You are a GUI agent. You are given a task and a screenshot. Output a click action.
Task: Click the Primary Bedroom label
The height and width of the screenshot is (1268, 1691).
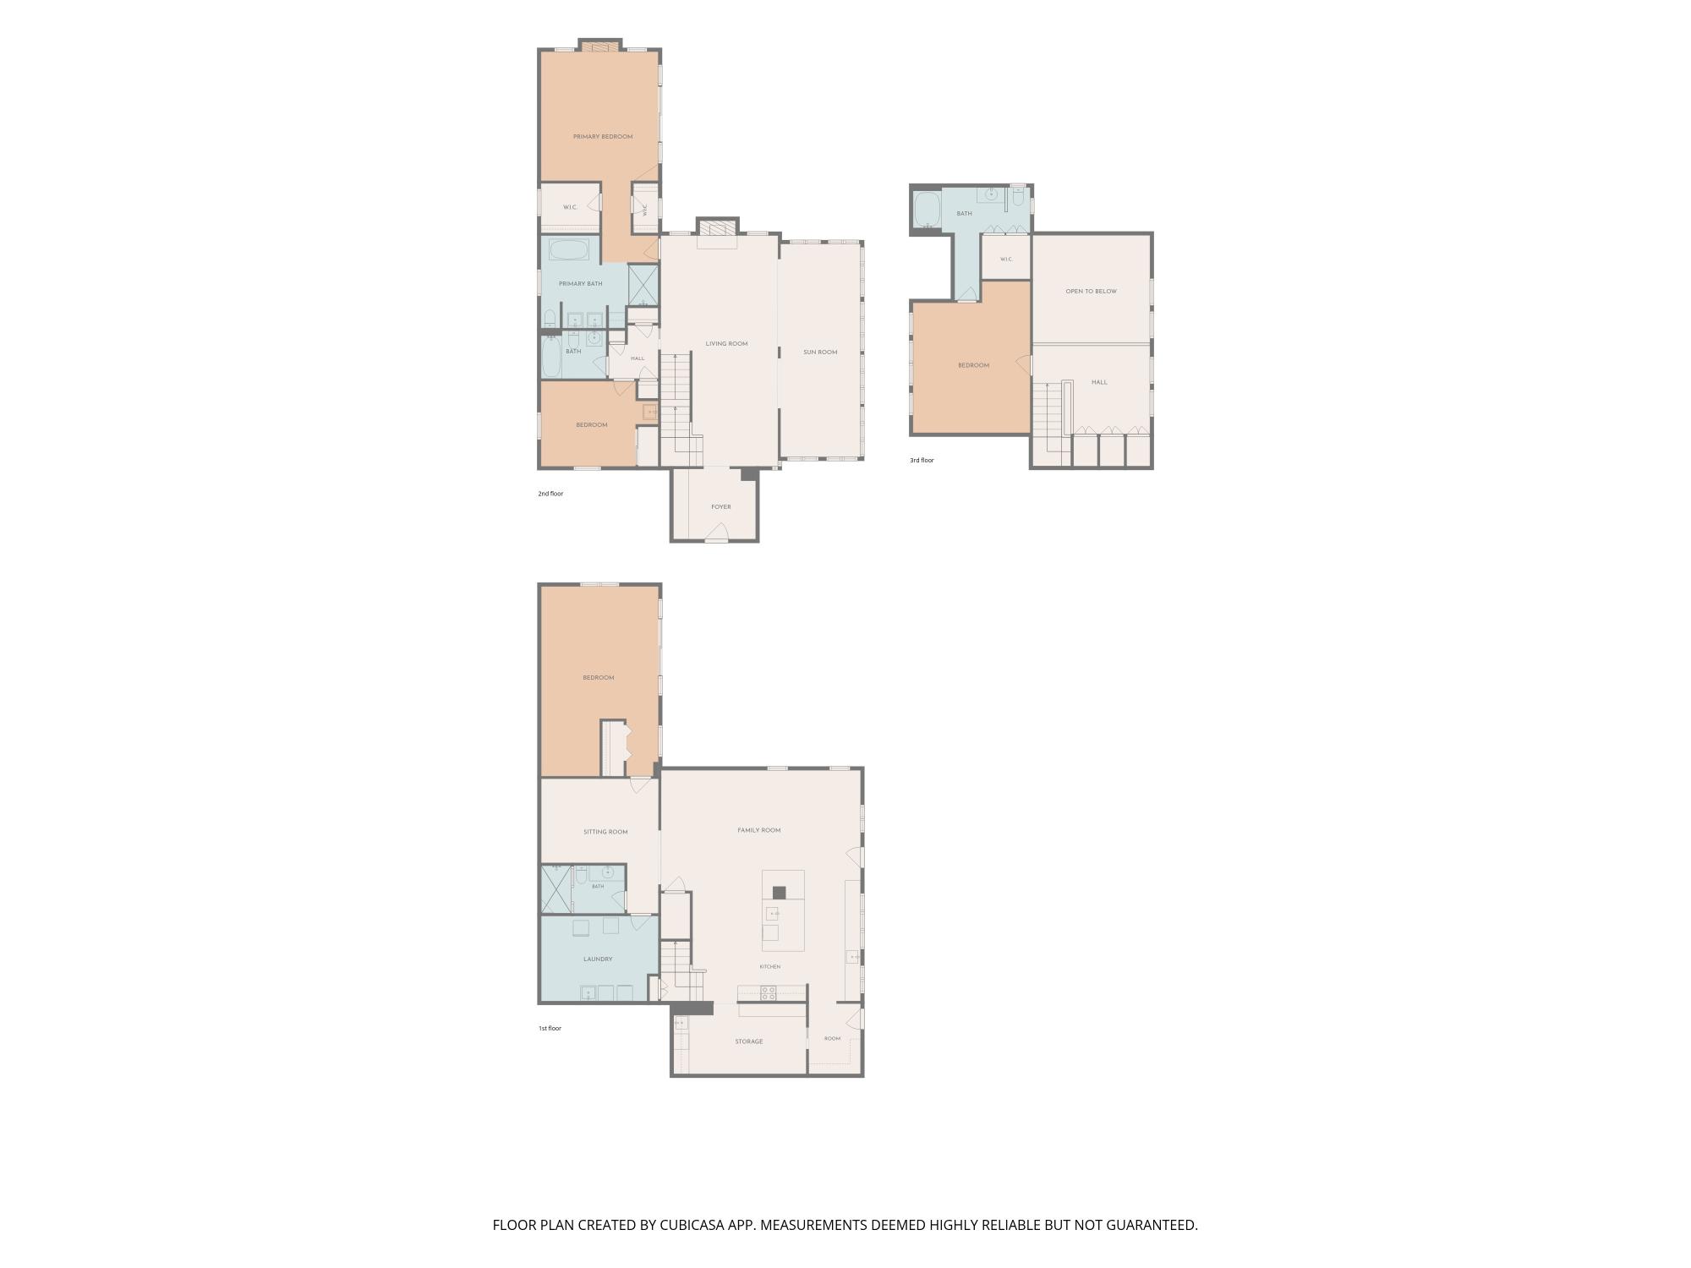click(603, 137)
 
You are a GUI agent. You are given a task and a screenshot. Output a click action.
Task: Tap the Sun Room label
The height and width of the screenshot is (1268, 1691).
click(820, 353)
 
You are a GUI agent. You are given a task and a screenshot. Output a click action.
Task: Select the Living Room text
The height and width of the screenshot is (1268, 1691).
click(727, 344)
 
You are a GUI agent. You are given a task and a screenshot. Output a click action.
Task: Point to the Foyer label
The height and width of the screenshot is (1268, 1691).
click(721, 507)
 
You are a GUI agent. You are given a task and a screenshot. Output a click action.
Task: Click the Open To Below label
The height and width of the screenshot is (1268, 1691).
click(1091, 292)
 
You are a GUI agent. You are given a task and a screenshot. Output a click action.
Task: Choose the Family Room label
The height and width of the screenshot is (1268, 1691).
click(759, 831)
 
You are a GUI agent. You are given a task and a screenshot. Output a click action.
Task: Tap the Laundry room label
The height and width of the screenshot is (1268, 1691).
click(598, 959)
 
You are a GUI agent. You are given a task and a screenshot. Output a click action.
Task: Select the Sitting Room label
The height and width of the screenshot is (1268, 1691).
click(605, 833)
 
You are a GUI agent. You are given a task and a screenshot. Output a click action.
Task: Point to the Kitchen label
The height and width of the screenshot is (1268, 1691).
click(769, 967)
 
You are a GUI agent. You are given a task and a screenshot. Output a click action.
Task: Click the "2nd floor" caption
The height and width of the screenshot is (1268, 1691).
click(550, 494)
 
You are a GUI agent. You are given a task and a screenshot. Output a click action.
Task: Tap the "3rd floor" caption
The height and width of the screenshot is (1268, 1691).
click(922, 461)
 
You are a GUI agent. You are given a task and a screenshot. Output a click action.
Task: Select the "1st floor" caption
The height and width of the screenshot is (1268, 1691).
click(550, 1029)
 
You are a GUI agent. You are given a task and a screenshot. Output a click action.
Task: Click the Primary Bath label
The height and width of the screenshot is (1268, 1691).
click(581, 284)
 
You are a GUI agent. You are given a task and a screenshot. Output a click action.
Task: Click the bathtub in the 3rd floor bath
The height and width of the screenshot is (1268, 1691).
click(928, 210)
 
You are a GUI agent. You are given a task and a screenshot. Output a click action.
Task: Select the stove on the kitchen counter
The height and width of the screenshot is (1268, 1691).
click(769, 993)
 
